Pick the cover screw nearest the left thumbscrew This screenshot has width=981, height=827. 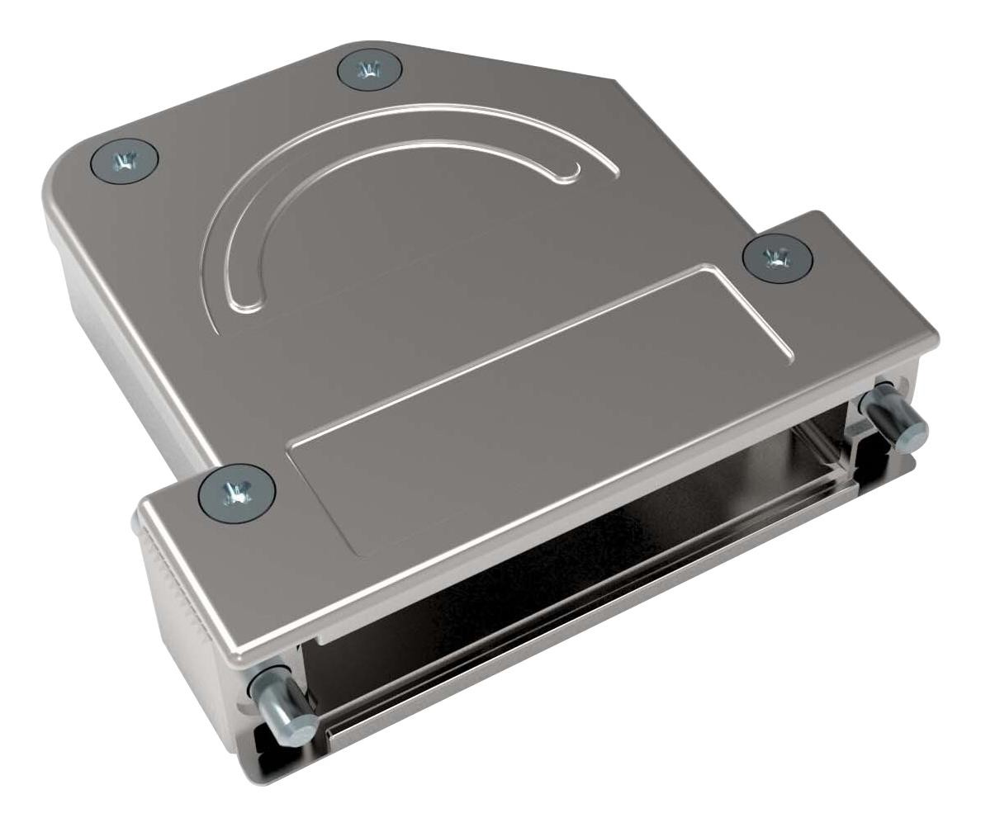tap(237, 494)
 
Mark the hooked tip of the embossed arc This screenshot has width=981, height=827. tap(571, 172)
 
